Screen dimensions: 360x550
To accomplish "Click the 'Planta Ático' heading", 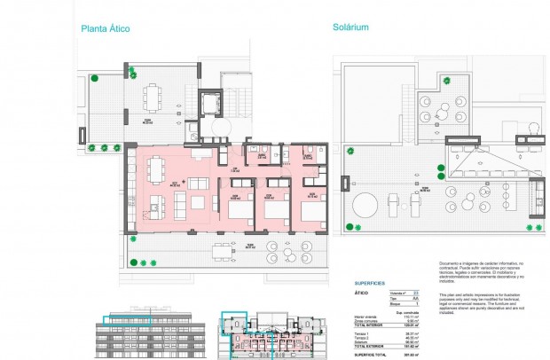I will [106, 28].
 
